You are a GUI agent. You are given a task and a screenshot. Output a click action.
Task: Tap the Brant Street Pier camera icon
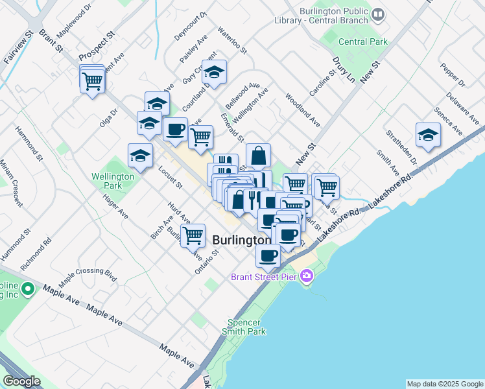[x=307, y=277]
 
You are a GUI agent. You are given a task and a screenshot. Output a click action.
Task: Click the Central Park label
[x=363, y=41]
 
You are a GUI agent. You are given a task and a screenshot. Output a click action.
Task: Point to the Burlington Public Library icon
[x=378, y=14]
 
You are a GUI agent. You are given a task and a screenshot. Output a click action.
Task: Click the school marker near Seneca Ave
[x=427, y=135]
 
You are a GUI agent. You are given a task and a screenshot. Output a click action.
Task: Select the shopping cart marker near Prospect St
[x=93, y=81]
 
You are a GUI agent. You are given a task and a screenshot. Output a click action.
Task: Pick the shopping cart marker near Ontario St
[x=193, y=236]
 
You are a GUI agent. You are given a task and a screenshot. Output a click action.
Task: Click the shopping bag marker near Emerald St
[x=258, y=156]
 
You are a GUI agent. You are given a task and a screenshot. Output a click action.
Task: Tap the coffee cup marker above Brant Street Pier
[x=268, y=255]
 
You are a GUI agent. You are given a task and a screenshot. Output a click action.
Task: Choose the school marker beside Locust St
[x=140, y=156]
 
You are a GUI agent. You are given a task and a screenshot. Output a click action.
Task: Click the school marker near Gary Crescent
[x=213, y=72]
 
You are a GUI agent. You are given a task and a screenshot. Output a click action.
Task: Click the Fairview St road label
[x=18, y=45]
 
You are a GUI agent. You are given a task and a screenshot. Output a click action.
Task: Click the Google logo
[x=21, y=381]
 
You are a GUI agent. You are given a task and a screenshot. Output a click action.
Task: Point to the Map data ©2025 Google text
[x=445, y=384]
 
